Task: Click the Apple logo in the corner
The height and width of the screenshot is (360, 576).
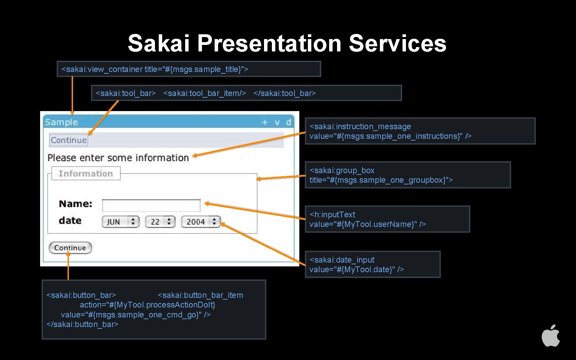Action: (x=551, y=336)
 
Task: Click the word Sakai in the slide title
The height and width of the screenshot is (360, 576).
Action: (x=158, y=44)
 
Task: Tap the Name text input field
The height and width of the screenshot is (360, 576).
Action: (x=151, y=205)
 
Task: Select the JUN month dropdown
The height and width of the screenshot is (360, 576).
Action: (x=120, y=222)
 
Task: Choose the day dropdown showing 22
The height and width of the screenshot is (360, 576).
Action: (x=160, y=222)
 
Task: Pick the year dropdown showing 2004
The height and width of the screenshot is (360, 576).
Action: (x=201, y=222)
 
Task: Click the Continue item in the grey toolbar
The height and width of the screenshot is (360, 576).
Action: (x=69, y=140)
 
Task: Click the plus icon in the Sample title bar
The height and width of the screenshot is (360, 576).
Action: (x=265, y=122)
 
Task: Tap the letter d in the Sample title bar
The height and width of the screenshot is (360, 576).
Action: (x=288, y=122)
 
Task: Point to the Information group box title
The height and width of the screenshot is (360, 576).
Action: (x=86, y=173)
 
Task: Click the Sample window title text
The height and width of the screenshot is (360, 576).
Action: (x=61, y=122)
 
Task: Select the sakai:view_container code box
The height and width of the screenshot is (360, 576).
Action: (x=189, y=69)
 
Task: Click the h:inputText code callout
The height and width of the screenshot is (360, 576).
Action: (x=387, y=219)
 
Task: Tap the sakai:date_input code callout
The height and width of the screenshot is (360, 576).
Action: (x=372, y=264)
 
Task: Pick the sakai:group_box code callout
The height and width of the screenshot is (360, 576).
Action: (x=408, y=175)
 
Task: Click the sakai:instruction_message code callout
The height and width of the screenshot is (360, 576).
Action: (x=420, y=131)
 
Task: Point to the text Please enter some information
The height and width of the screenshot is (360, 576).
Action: (x=118, y=158)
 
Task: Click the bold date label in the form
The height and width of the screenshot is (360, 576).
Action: (x=70, y=221)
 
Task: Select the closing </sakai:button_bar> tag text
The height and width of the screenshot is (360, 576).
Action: (x=82, y=324)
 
